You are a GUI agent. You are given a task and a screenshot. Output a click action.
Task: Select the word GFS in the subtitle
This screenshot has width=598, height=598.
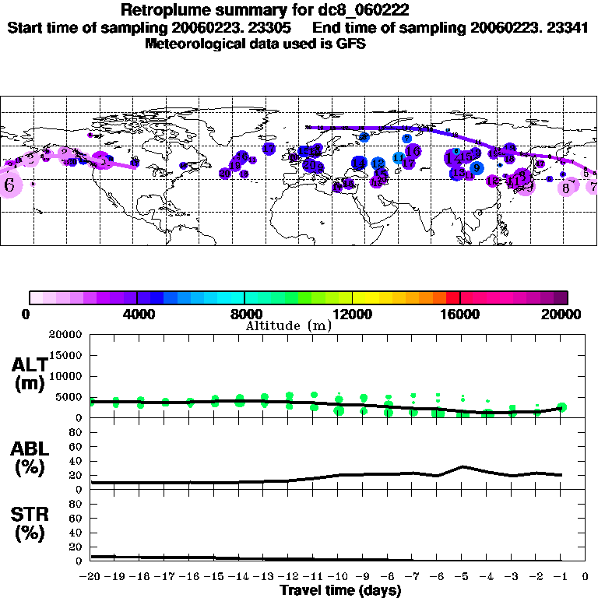(350, 44)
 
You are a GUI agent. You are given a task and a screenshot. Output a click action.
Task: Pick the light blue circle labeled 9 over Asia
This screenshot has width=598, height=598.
(476, 167)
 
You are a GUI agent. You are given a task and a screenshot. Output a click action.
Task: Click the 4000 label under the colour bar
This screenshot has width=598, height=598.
(137, 314)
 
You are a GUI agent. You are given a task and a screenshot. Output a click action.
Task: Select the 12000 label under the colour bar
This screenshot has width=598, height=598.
(352, 314)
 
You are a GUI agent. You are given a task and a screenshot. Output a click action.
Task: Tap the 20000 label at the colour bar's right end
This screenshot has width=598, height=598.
(564, 314)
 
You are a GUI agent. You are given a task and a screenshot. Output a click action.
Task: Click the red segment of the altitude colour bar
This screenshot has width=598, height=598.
(453, 297)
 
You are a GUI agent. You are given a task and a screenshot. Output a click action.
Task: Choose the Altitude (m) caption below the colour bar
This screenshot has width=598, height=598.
(288, 325)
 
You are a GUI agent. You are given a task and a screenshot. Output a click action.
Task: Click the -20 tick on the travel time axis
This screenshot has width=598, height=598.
(90, 577)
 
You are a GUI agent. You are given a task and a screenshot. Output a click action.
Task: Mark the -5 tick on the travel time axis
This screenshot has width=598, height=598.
(463, 577)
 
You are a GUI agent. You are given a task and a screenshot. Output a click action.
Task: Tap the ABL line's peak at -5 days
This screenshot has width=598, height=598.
(463, 466)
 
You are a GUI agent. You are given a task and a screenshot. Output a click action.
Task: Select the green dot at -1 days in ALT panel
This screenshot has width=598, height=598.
(561, 407)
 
